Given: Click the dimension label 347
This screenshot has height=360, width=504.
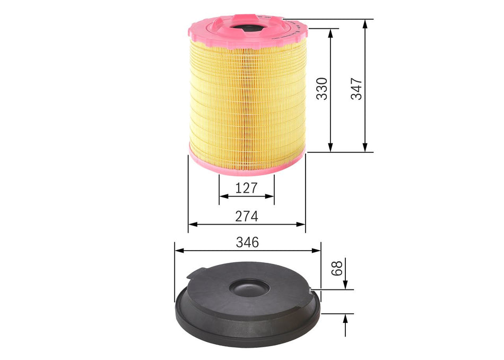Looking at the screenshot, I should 357,88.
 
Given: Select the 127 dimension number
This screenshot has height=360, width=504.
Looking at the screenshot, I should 247,187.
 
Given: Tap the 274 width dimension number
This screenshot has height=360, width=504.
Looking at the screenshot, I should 247,216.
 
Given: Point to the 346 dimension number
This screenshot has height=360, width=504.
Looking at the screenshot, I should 247,242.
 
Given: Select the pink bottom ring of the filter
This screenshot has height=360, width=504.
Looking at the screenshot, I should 247,165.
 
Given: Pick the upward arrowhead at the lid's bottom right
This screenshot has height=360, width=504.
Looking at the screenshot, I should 345,317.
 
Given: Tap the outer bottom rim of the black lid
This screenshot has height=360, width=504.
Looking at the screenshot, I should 247,335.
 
